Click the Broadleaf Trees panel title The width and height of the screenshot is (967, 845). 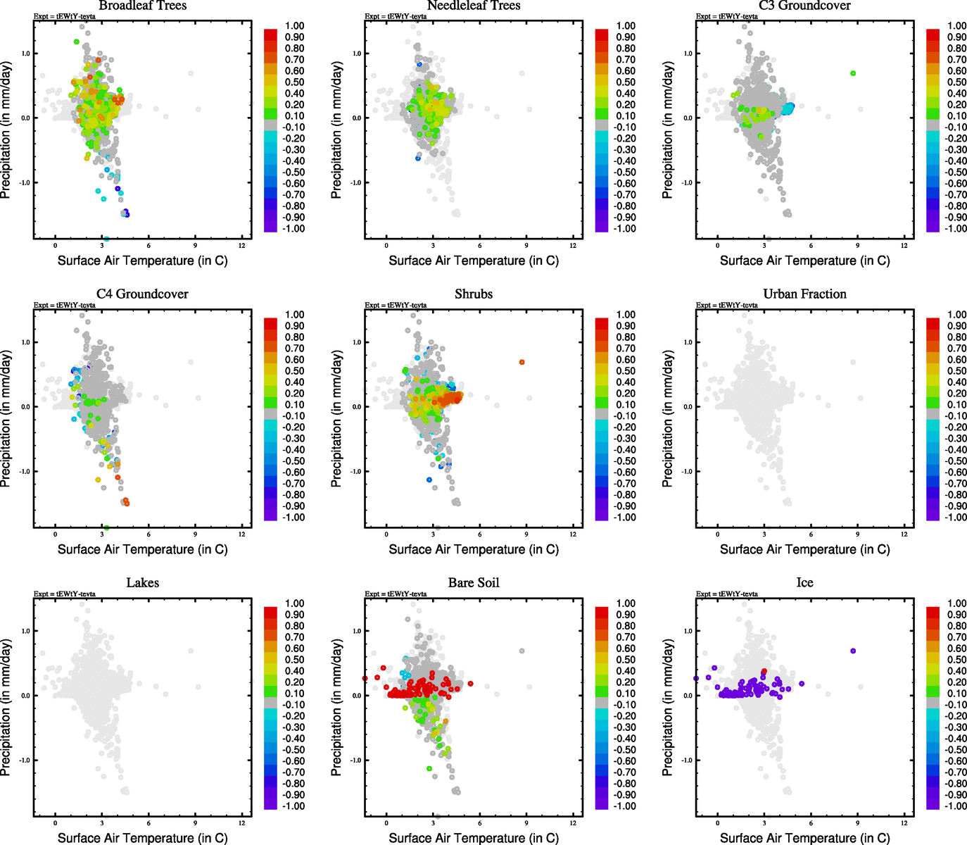(x=142, y=6)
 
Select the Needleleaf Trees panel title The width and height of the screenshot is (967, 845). (x=474, y=6)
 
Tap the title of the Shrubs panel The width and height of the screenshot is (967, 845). (x=474, y=294)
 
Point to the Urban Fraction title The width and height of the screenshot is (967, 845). (x=804, y=294)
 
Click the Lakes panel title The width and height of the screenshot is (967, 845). (x=142, y=582)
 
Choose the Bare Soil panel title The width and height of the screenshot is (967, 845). (x=474, y=582)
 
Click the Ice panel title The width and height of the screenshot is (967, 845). (x=804, y=582)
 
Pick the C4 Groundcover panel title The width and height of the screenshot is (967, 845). (x=142, y=294)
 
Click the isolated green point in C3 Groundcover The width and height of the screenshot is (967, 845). (x=853, y=73)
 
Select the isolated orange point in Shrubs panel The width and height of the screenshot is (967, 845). (x=522, y=362)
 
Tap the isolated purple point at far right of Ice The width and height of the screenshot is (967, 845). (x=853, y=651)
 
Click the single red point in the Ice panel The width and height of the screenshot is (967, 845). (x=764, y=672)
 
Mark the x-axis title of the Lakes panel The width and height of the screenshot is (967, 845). (x=142, y=838)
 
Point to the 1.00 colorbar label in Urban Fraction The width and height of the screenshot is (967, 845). (x=956, y=315)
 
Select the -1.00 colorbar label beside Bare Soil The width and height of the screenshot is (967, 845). (x=626, y=806)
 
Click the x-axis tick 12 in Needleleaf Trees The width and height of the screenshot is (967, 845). (x=573, y=246)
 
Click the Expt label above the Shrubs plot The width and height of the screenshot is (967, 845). (x=396, y=305)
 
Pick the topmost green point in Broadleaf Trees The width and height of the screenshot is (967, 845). (x=76, y=42)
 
